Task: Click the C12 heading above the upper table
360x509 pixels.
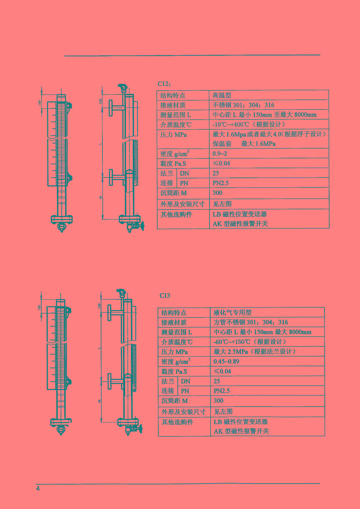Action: pos(164,84)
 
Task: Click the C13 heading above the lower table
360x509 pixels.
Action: pos(165,296)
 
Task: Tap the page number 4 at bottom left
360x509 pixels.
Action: pos(38,488)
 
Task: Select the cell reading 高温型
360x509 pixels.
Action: pos(222,95)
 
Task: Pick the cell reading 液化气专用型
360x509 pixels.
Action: pos(232,312)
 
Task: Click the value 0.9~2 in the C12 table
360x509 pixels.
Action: pos(220,154)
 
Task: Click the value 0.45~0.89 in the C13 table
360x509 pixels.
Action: pos(226,361)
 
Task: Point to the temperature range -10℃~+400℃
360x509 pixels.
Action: pos(249,124)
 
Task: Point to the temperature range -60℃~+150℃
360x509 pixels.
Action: pos(250,342)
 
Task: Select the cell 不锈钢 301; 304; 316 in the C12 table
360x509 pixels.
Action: pos(243,105)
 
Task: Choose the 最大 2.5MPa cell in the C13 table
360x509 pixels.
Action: pos(255,352)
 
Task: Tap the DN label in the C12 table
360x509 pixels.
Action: pos(184,173)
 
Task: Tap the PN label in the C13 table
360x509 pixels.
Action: pos(185,391)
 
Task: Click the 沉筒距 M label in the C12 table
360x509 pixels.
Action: pos(174,193)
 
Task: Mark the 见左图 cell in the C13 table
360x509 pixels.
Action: pos(223,412)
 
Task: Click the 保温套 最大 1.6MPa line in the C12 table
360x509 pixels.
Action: pos(244,144)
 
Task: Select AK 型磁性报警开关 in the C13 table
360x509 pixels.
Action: pos(241,431)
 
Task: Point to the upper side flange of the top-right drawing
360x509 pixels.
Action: pos(111,108)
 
